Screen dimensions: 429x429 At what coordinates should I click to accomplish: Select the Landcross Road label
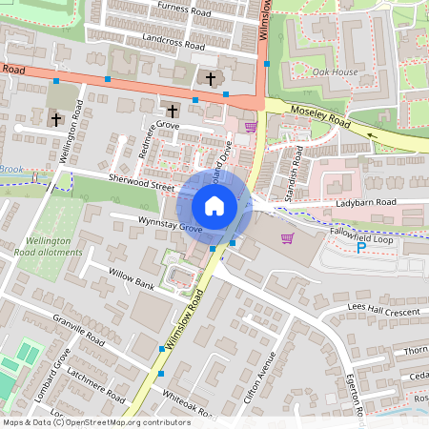click(x=173, y=44)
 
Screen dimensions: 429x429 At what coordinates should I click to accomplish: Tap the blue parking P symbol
click(x=360, y=248)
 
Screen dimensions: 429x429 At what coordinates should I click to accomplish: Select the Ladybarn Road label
click(x=365, y=203)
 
